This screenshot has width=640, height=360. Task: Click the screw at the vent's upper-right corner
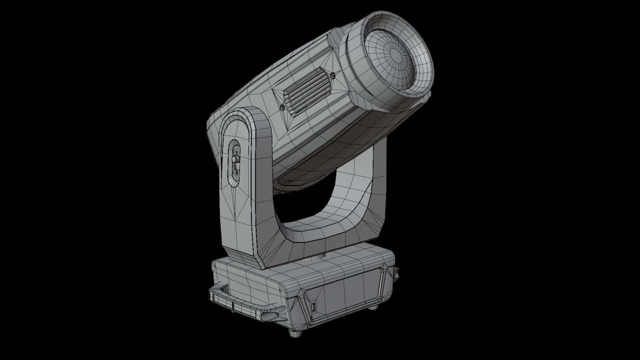tap(333, 76)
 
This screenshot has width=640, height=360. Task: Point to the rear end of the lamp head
tap(213, 133)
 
